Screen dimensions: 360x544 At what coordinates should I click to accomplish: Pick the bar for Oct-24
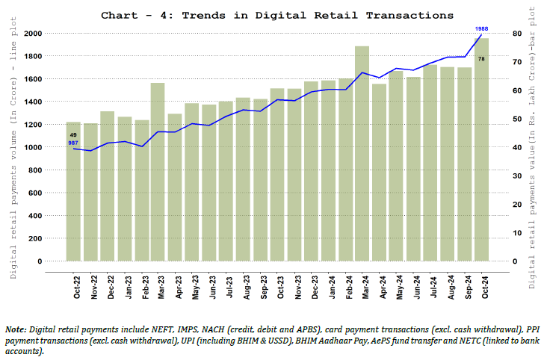(482, 149)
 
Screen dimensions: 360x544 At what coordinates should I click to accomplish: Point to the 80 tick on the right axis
(516, 34)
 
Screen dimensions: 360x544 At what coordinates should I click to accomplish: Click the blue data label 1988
(482, 28)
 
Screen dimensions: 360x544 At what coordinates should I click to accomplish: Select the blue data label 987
(73, 142)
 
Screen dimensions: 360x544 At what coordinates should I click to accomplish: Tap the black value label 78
(482, 58)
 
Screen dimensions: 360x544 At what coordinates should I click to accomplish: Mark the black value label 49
(73, 134)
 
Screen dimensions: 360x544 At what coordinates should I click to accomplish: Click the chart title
(276, 15)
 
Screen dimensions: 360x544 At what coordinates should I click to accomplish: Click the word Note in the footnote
(16, 329)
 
